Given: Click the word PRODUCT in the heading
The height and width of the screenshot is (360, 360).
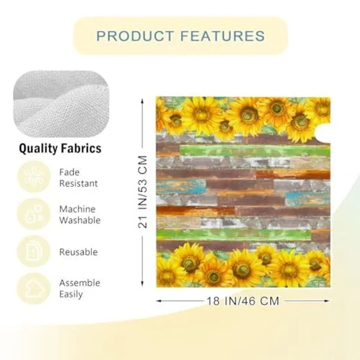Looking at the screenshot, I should click(x=131, y=36).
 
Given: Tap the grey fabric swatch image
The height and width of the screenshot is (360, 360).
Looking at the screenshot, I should click(x=61, y=104).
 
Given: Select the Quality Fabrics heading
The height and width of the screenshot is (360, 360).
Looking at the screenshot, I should click(x=59, y=149).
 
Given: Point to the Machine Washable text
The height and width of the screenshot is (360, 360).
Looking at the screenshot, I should click(x=80, y=215).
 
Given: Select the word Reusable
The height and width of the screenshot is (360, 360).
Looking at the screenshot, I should click(x=79, y=252).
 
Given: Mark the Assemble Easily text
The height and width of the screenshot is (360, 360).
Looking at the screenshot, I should click(x=80, y=288).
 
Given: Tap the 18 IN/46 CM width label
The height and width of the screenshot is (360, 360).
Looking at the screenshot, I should click(x=243, y=301).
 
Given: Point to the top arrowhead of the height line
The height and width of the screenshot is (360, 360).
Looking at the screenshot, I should click(x=143, y=101).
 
